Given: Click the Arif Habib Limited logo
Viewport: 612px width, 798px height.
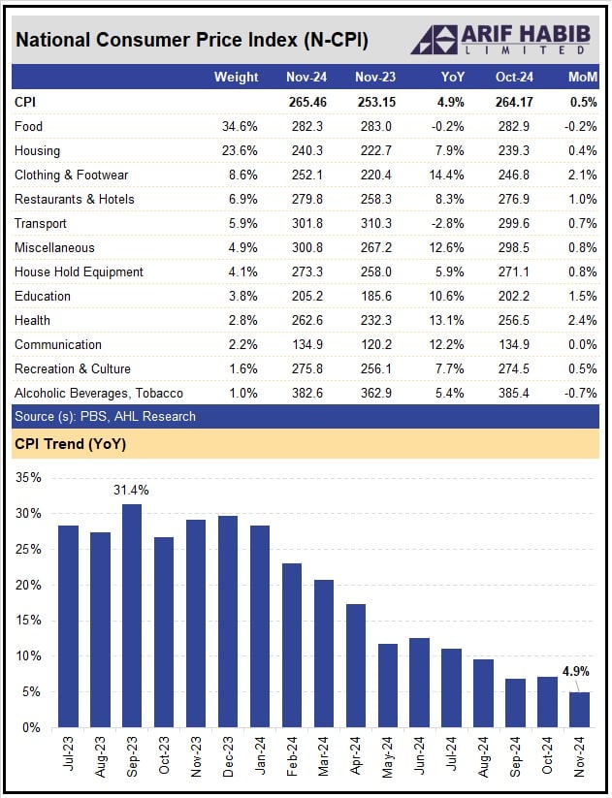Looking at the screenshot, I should click(499, 39).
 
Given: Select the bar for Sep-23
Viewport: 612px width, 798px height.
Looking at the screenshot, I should click(131, 616).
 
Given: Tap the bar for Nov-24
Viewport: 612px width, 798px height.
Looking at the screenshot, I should click(578, 709).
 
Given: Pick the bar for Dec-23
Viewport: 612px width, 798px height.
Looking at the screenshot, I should click(228, 622).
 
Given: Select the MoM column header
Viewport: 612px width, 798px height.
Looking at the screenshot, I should click(583, 77).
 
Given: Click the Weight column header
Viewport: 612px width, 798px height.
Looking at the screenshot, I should click(236, 77).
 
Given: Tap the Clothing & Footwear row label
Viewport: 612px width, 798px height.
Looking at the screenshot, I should click(71, 175).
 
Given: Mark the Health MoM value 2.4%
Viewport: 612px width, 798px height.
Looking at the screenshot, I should click(584, 320).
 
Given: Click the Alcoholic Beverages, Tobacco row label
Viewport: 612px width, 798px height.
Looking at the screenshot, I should click(99, 393).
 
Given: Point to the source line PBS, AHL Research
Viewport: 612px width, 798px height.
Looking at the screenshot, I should click(105, 416).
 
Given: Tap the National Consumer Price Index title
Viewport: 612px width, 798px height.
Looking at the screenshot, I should click(191, 41).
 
